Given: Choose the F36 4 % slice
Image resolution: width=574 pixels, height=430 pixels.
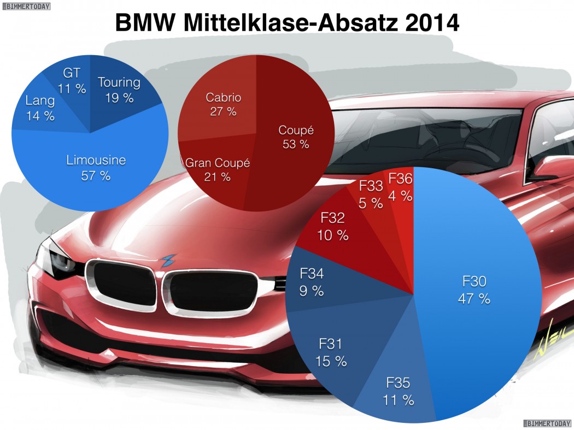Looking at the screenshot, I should coord(401,187).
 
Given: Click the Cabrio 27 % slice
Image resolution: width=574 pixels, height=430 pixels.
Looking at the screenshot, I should coord(223,104).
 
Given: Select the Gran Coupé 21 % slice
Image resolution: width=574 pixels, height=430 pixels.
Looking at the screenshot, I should coord(217,169).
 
